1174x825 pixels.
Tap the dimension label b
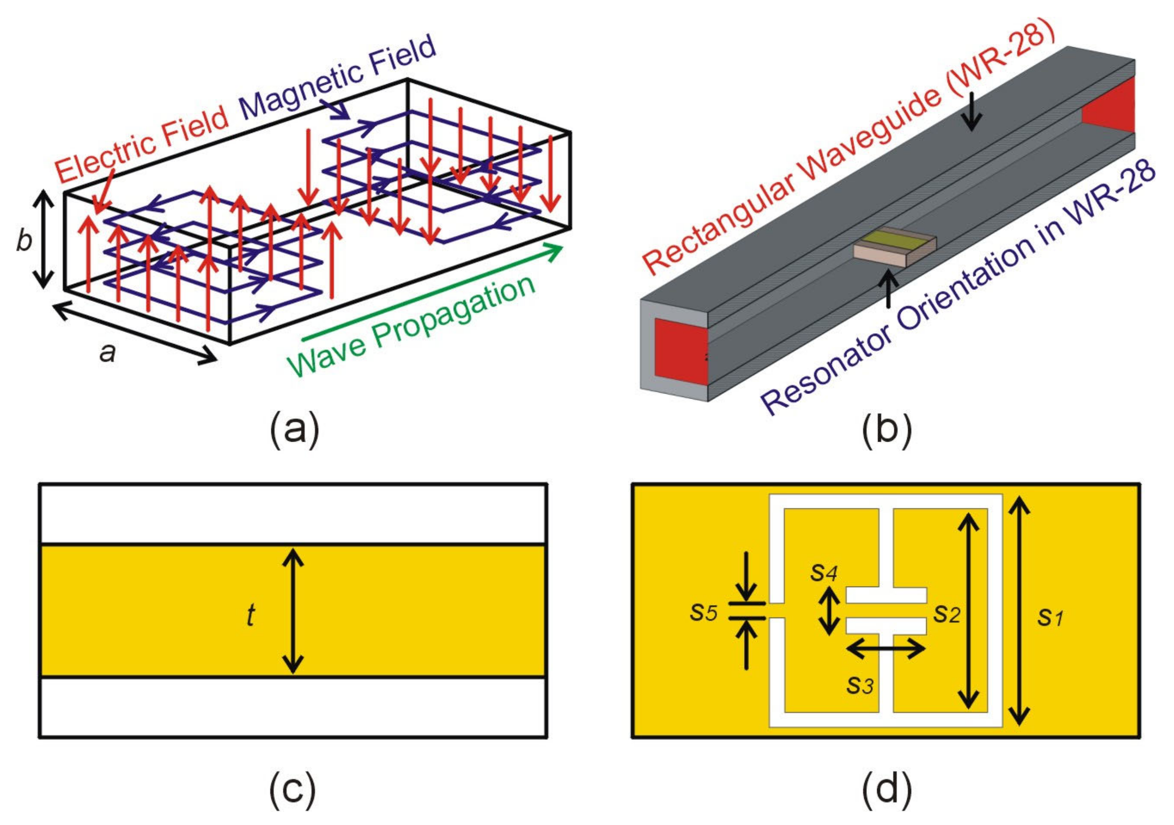click(x=24, y=240)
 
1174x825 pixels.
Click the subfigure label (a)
click(x=295, y=431)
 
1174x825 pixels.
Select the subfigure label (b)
click(x=886, y=431)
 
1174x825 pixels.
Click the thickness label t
click(x=250, y=616)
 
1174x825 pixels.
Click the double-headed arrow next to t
click(x=293, y=610)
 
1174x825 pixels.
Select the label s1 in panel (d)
click(x=1050, y=618)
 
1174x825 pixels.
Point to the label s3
click(x=860, y=685)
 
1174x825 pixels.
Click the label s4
click(x=823, y=573)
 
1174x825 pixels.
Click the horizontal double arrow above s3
click(x=885, y=650)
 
